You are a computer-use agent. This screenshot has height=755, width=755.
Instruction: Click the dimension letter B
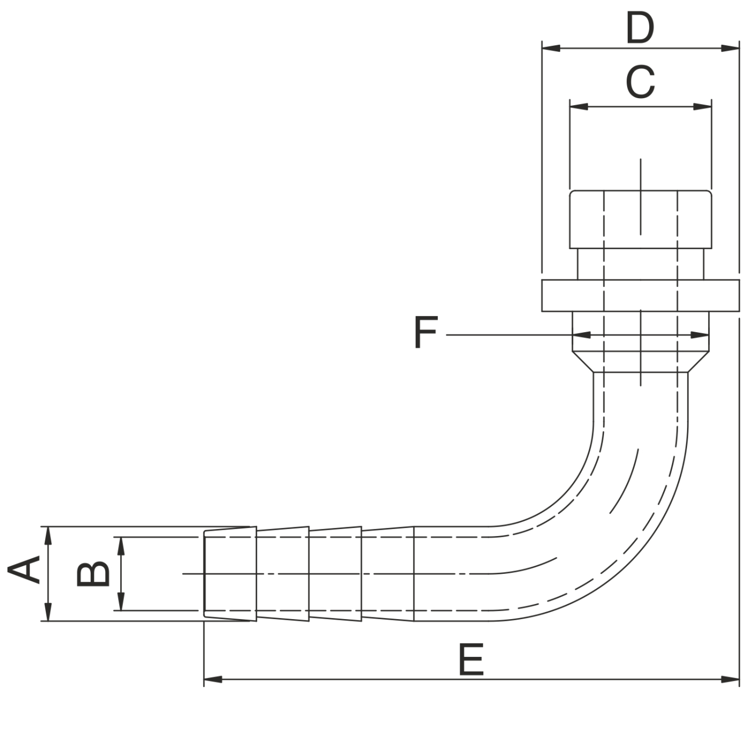(93, 574)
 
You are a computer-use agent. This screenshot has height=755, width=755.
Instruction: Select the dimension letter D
(640, 27)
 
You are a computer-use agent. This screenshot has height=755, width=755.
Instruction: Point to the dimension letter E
(471, 659)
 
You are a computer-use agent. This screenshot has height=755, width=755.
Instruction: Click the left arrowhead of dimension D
(551, 49)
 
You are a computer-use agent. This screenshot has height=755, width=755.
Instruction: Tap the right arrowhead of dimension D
(730, 49)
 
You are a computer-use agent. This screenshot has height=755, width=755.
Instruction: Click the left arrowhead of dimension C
(579, 107)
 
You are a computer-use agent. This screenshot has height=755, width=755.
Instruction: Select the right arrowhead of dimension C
(702, 107)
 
